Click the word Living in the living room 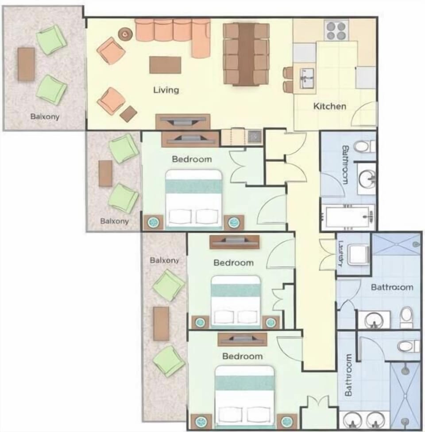pos(166,90)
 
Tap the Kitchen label pos(330,106)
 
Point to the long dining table pos(247,54)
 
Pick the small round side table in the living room pos(126,33)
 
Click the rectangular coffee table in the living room pos(165,65)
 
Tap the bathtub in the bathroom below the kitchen pos(348,217)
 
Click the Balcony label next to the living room pos(45,117)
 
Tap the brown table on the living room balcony pos(26,64)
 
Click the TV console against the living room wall pos(182,121)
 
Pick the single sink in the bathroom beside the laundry pos(374,319)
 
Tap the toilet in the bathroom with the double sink pos(407,346)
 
